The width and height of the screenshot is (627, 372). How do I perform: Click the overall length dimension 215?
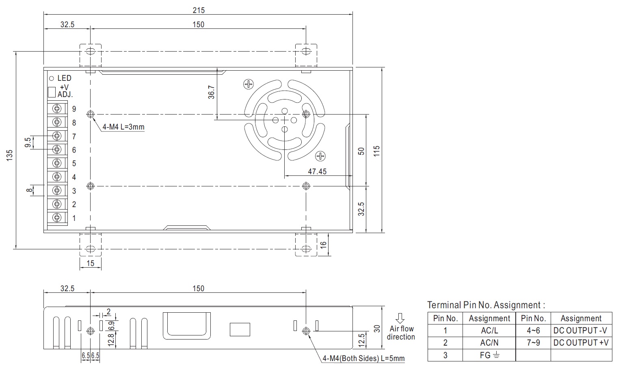click(x=199, y=11)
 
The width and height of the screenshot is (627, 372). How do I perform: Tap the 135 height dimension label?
click(x=9, y=156)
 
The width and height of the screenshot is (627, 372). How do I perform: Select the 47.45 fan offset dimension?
click(x=317, y=171)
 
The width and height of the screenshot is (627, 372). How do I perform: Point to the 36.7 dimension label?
click(x=211, y=92)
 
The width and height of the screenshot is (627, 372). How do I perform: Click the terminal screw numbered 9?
click(x=57, y=108)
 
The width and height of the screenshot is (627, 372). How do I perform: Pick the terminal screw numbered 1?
click(x=57, y=218)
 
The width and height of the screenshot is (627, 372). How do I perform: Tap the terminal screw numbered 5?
click(x=57, y=163)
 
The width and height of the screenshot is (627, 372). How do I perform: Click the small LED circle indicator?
click(x=51, y=78)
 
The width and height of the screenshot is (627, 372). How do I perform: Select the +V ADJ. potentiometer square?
click(x=52, y=92)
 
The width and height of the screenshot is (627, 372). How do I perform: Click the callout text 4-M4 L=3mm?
click(x=123, y=127)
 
